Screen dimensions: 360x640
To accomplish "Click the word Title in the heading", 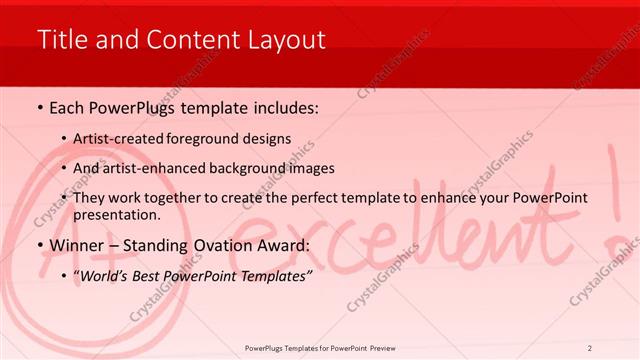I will [x=59, y=40].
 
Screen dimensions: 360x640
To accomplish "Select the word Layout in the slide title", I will [x=289, y=40].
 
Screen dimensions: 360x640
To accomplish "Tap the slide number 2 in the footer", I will [x=590, y=348].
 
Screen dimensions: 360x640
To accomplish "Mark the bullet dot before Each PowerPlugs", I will [x=39, y=109].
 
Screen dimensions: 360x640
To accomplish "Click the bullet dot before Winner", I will [x=39, y=246].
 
